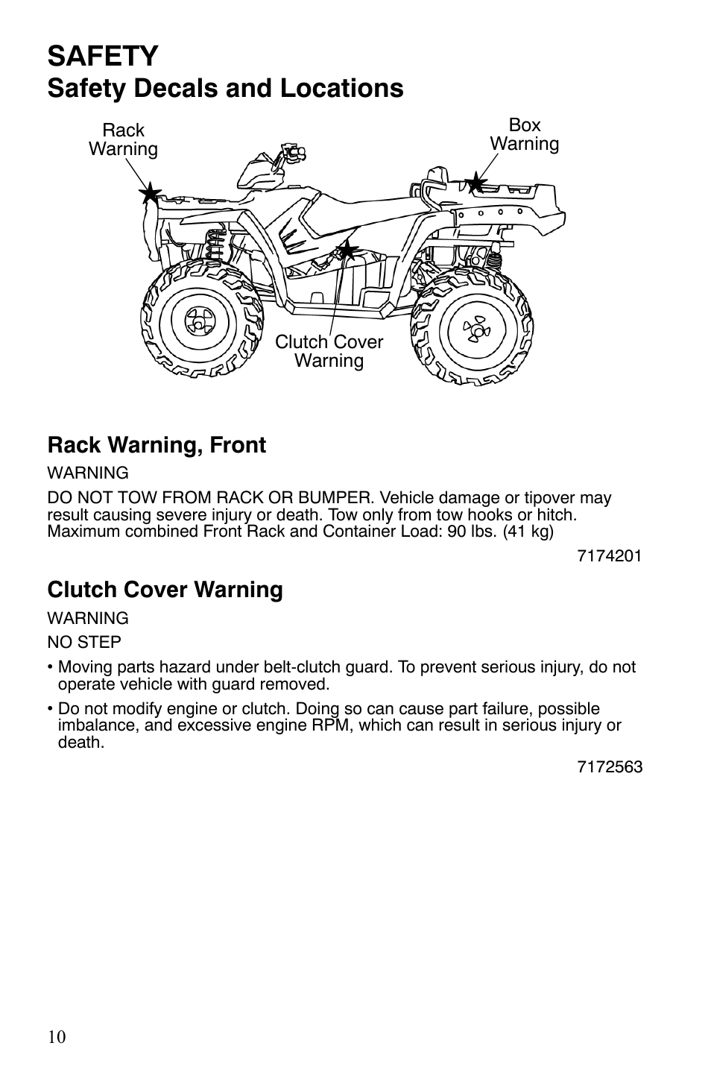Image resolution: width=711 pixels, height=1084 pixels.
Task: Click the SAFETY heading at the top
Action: point(103,56)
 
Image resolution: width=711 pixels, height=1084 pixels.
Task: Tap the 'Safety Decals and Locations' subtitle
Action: point(225,88)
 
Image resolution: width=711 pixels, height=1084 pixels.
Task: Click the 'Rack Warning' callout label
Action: point(123,139)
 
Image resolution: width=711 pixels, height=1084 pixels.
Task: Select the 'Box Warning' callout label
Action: point(524,134)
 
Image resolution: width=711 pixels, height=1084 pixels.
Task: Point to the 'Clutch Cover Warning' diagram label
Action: point(329,351)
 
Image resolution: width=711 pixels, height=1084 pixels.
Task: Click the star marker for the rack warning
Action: point(150,194)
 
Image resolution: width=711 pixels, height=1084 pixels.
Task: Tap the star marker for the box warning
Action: point(475,182)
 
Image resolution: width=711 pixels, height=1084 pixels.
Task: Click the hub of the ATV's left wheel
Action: point(197,322)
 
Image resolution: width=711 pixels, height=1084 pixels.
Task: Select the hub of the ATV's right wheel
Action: point(471,328)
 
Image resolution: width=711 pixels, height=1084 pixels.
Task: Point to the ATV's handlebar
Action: point(287,152)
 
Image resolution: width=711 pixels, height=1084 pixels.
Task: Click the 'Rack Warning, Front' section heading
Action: point(157,445)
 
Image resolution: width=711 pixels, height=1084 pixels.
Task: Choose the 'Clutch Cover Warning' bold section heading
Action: point(165,590)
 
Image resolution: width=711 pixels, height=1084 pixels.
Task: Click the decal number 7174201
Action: point(609,555)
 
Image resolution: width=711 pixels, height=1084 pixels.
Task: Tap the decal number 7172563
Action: point(609,767)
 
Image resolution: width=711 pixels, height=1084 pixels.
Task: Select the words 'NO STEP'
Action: point(84,642)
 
